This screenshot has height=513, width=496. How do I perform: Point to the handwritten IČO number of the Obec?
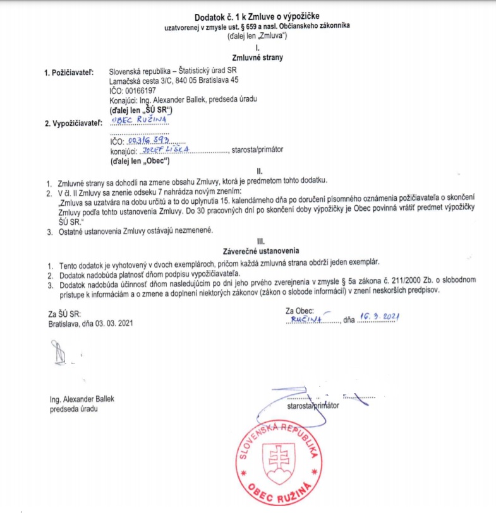147,142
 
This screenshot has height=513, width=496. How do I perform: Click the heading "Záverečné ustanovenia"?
256,252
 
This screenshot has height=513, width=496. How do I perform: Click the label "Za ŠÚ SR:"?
64,313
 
